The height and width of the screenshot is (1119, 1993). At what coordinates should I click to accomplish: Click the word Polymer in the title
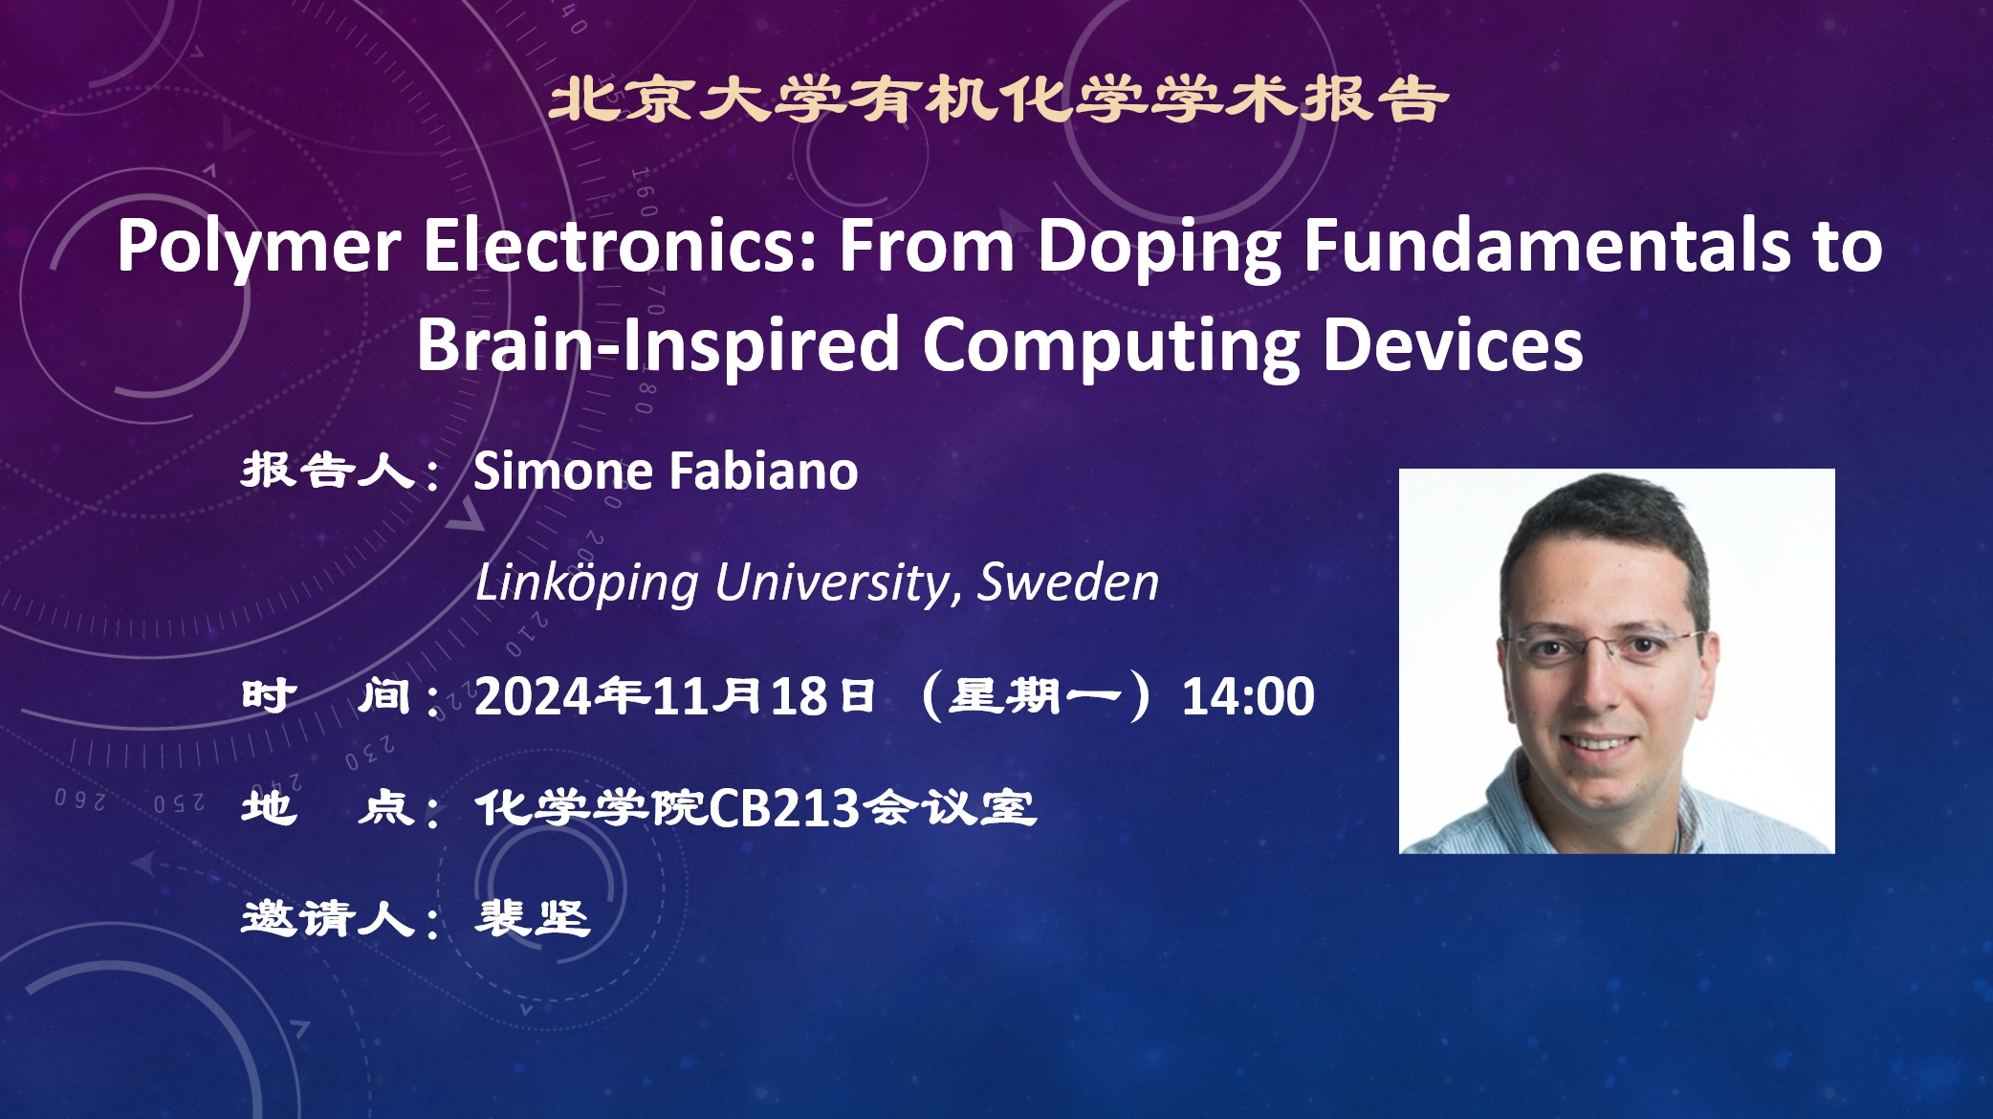click(x=258, y=248)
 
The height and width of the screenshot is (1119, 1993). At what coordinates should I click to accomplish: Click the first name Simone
click(x=563, y=471)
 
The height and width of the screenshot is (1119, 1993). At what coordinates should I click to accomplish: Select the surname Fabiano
click(x=763, y=471)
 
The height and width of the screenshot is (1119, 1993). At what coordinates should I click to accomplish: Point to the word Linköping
click(x=587, y=583)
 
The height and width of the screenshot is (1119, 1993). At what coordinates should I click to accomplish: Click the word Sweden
click(x=1068, y=581)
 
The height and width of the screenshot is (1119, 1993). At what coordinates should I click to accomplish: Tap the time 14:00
click(x=1248, y=696)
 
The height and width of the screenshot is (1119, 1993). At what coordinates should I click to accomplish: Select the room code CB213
click(x=784, y=808)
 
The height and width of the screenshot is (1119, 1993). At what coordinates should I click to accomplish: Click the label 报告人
click(x=328, y=471)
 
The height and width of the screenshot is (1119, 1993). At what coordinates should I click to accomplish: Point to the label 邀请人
click(x=328, y=918)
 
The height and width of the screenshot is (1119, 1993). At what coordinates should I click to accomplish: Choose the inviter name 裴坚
click(x=533, y=918)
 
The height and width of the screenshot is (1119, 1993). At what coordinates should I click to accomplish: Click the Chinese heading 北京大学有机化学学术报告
click(x=997, y=100)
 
